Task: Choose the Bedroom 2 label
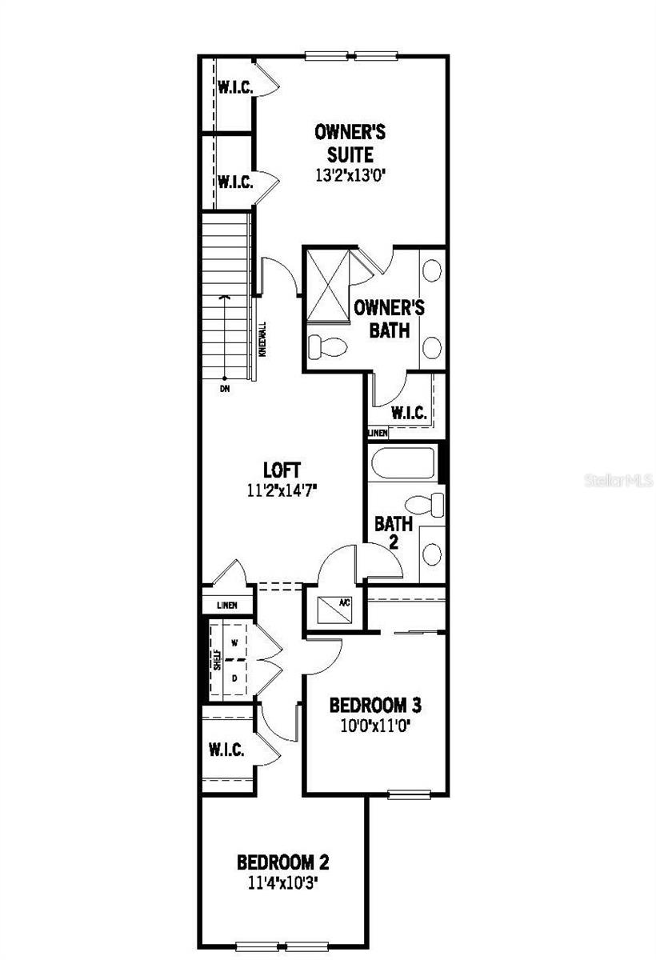point(283,862)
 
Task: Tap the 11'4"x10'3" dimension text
point(283,885)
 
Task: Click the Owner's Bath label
point(389,318)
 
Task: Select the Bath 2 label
point(394,532)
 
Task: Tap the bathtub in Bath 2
point(402,464)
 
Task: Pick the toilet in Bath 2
point(424,505)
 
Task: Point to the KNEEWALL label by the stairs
point(262,339)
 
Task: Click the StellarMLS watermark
point(619,481)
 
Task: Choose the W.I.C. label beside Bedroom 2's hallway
point(226,750)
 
